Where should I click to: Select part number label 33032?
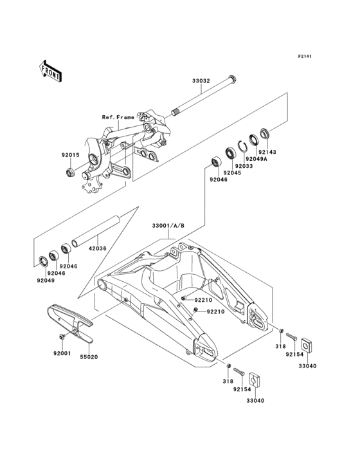(201, 82)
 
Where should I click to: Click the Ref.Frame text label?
(118, 118)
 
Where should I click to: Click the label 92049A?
(257, 159)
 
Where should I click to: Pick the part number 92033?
(244, 166)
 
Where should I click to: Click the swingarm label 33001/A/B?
(168, 226)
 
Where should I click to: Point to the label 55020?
(89, 356)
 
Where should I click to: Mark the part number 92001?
(63, 353)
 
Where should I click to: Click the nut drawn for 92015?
(70, 172)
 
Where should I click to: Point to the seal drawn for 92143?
(265, 135)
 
